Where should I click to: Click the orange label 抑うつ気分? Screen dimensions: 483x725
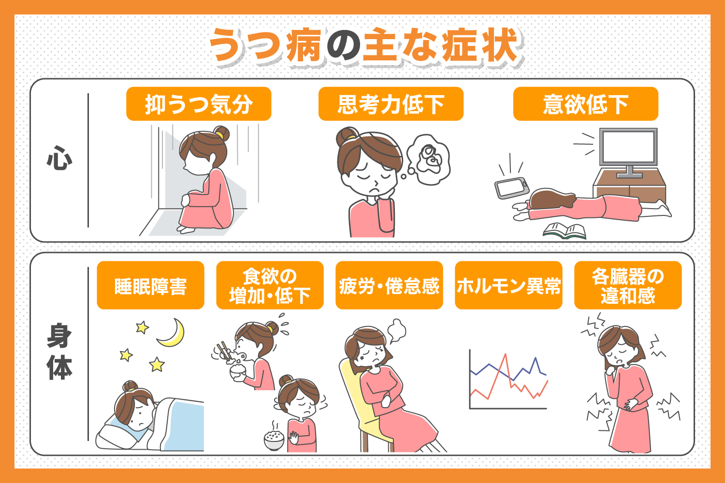click(x=199, y=104)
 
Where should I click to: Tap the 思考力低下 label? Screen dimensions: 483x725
click(x=391, y=104)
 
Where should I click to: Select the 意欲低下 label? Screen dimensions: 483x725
click(x=585, y=104)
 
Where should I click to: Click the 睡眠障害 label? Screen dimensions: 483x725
click(x=150, y=285)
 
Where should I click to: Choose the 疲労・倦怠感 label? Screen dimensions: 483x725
click(x=389, y=285)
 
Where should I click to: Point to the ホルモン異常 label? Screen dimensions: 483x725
click(x=508, y=285)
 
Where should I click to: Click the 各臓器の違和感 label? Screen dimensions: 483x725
click(x=627, y=285)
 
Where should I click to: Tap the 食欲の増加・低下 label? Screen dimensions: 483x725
click(x=270, y=285)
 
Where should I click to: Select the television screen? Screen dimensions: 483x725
click(x=628, y=147)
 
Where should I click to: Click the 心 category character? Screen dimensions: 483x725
click(x=59, y=159)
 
